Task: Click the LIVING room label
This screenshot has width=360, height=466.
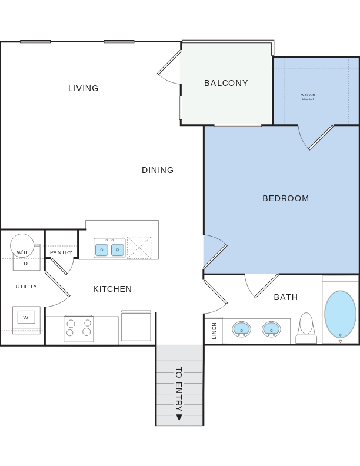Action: [84, 88]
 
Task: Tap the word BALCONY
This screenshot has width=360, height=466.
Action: [226, 83]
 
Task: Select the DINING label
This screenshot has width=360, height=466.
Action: [158, 170]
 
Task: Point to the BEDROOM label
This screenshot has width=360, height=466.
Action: [285, 198]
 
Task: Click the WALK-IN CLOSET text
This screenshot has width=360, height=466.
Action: [308, 97]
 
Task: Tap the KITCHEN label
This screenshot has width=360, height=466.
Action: [112, 289]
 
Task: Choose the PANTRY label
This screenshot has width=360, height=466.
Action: [61, 252]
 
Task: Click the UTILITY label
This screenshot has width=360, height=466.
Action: [26, 287]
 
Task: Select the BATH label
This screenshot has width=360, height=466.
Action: [286, 297]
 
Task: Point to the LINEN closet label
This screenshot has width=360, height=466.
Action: [214, 331]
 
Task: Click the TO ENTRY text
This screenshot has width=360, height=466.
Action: [179, 389]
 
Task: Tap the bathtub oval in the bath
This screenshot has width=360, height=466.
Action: [340, 314]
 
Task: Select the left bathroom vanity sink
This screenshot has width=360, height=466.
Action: [241, 328]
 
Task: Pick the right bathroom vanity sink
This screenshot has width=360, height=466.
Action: [271, 328]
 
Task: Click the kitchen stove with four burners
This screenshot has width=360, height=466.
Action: [78, 328]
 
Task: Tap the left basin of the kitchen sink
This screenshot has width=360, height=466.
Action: [102, 250]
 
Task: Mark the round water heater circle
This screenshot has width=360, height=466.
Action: [22, 245]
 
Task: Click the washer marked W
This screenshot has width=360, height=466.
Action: [26, 318]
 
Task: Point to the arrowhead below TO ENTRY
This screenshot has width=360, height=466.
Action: [179, 418]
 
